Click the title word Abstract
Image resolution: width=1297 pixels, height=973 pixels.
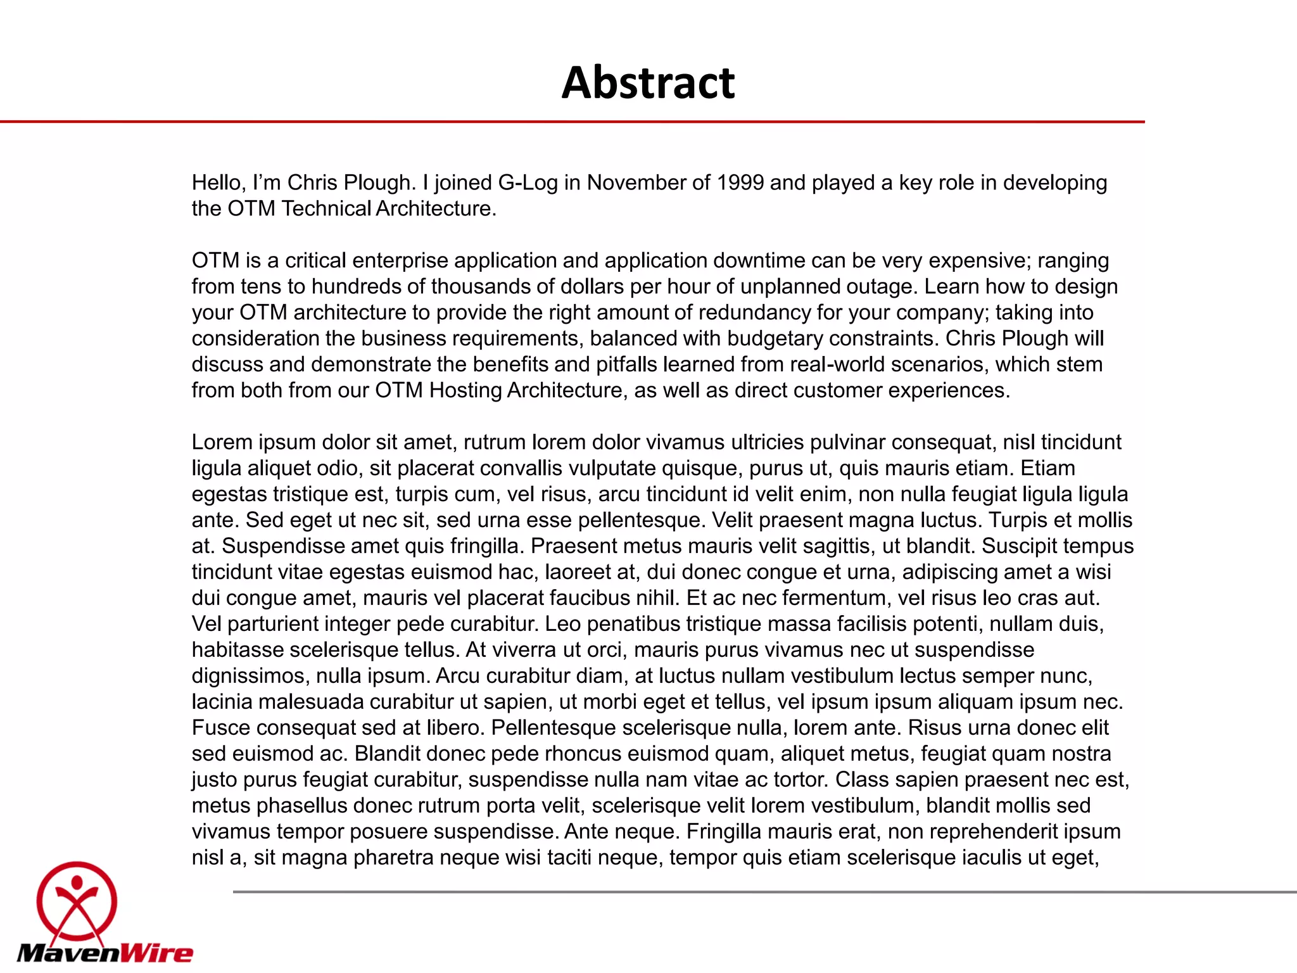648,82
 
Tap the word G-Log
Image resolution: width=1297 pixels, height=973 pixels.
528,182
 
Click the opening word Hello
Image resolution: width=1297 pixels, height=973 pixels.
218,182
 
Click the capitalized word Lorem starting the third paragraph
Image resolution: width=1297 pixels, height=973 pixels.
222,442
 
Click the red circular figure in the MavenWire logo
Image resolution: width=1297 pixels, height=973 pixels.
77,902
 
